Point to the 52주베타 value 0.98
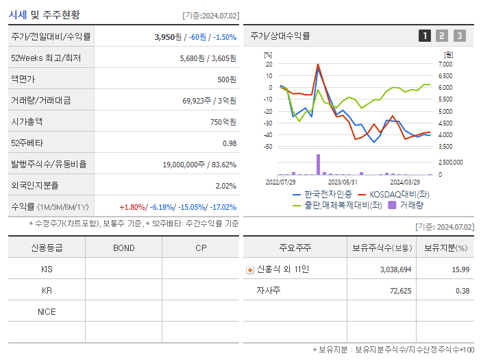[229, 143]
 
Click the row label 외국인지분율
[36, 186]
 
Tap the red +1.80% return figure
[132, 207]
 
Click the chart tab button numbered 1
[425, 36]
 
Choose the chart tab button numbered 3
[459, 36]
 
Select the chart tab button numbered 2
[442, 36]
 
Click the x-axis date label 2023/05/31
[343, 182]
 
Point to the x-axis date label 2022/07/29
[281, 182]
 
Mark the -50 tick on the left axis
[267, 147]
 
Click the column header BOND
[123, 248]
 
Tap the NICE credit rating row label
[47, 311]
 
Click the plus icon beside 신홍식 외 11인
[249, 269]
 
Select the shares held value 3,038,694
[395, 269]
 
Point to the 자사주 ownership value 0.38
[463, 291]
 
